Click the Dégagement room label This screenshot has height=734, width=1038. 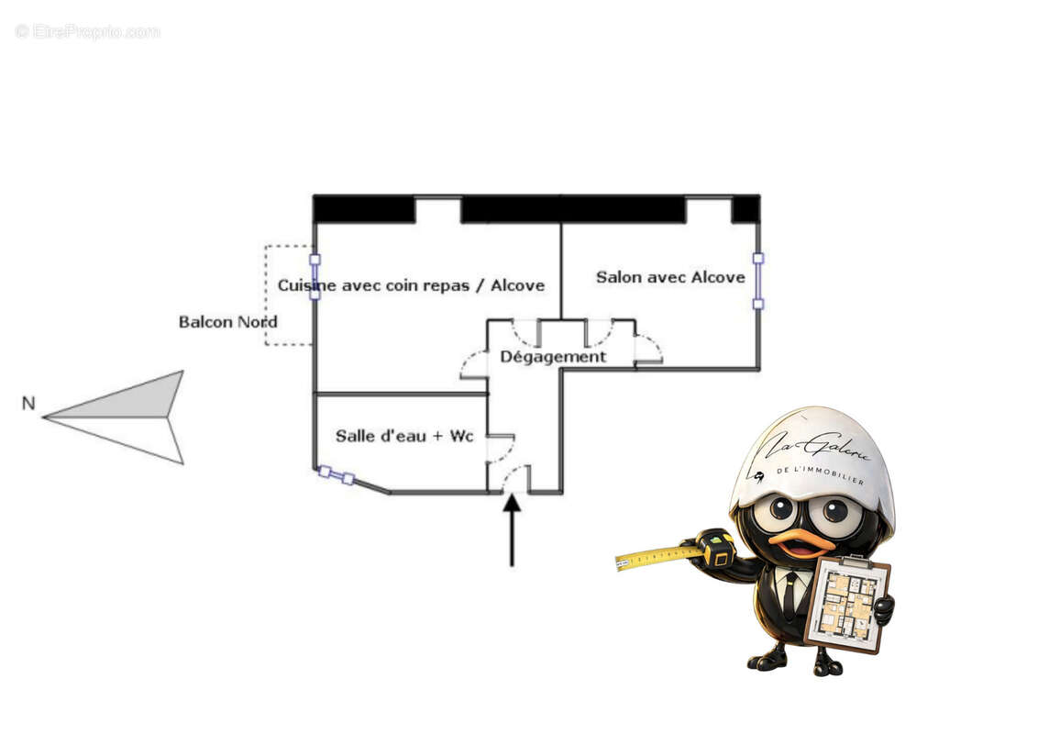click(x=553, y=357)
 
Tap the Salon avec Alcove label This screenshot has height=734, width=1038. click(x=670, y=277)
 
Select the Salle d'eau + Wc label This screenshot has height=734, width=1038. click(x=404, y=436)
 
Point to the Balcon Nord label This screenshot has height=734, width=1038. click(x=227, y=322)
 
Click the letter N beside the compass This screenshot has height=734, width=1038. click(x=28, y=403)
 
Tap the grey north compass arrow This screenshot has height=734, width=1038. click(x=113, y=417)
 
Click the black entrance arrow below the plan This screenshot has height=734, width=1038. click(x=512, y=530)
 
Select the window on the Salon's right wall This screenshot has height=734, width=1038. click(x=758, y=281)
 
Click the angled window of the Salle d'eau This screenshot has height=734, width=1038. click(x=337, y=475)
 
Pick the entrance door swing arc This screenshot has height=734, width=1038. click(x=515, y=478)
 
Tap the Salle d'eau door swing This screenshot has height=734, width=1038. click(x=502, y=449)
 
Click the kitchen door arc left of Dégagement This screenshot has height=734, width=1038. click(x=474, y=364)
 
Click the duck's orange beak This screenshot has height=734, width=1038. click(x=801, y=543)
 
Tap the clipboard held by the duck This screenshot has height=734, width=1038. click(x=846, y=604)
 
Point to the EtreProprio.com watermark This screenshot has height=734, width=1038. click(x=87, y=31)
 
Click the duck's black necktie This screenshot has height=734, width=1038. click(x=790, y=594)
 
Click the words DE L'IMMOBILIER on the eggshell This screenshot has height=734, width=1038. click(x=821, y=475)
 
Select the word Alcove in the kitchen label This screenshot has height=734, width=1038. click(x=518, y=285)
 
